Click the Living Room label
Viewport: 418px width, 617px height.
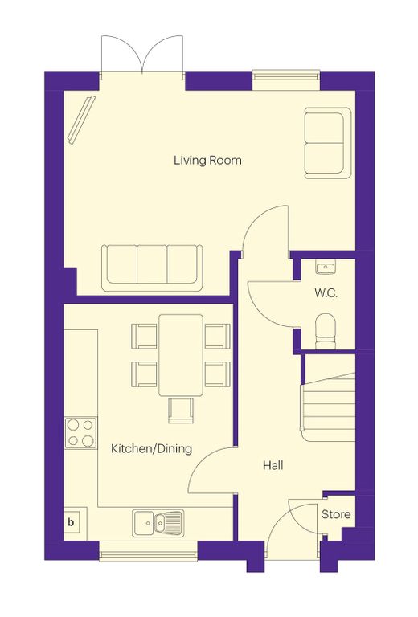click(207, 161)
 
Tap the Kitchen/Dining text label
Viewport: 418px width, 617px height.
click(152, 448)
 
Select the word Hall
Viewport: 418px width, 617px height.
click(273, 465)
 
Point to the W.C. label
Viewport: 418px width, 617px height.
click(326, 293)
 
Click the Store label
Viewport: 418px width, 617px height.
click(336, 514)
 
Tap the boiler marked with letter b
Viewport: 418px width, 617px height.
click(74, 522)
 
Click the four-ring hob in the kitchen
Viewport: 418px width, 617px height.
click(80, 433)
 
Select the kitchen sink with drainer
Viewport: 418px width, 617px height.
click(158, 522)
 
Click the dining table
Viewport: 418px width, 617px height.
click(181, 355)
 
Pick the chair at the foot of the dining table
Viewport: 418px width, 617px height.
click(181, 411)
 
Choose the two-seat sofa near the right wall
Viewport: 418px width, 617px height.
click(328, 143)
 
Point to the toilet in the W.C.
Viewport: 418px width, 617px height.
click(326, 331)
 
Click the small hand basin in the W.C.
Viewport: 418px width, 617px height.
click(325, 267)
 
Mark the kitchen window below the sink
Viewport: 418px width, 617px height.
click(148, 550)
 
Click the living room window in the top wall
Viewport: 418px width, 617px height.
click(286, 80)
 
